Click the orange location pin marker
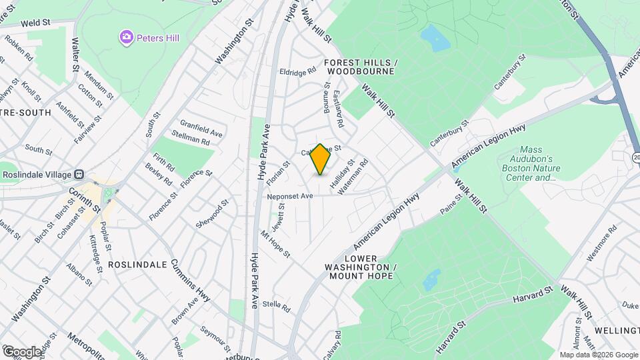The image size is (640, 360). coord(321,159)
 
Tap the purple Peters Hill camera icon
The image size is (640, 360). coord(127,38)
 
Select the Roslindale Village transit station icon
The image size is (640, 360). coord(78,174)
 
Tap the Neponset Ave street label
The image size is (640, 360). coord(290,196)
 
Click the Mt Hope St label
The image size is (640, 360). coord(275,244)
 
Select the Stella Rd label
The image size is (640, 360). coord(277,306)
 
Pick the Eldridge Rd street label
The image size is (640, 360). coord(297,72)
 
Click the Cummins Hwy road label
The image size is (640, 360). coord(191,281)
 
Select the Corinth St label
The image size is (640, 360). coord(85,199)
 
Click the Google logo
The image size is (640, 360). coord(22,351)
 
